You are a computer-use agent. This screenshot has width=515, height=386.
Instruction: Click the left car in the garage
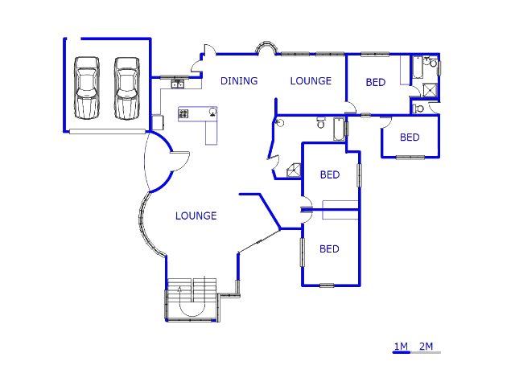[x=87, y=88]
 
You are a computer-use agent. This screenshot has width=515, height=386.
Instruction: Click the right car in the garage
[x=127, y=88]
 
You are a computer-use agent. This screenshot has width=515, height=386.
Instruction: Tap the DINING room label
[x=239, y=80]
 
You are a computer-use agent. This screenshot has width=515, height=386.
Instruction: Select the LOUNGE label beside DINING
[x=311, y=80]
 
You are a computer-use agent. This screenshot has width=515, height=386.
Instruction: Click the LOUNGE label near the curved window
[x=196, y=216]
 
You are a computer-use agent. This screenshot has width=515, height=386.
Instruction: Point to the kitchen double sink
[x=178, y=84]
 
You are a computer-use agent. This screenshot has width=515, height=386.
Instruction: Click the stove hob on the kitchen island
[x=183, y=114]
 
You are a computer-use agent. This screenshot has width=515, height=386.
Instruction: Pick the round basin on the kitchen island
[x=212, y=113]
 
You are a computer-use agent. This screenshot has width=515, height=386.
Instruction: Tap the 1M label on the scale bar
[x=401, y=347]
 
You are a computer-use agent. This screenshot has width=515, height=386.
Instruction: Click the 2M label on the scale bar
[x=426, y=347]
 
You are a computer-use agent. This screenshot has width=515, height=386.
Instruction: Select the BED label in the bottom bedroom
[x=329, y=248]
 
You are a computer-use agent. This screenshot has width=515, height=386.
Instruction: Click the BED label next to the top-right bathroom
[x=376, y=82]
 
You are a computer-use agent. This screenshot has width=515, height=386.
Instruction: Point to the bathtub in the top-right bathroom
[x=418, y=68]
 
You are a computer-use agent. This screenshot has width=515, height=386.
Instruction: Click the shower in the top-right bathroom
[x=430, y=90]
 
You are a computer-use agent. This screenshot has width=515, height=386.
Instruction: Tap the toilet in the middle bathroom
[x=321, y=122]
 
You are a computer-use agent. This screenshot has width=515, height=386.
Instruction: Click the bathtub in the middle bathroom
[x=339, y=129]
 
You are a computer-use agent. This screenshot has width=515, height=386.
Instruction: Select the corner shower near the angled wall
[x=294, y=170]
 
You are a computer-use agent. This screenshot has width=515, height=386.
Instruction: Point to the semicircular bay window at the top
[x=266, y=47]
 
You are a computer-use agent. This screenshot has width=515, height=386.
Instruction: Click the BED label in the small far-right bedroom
[x=410, y=138]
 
